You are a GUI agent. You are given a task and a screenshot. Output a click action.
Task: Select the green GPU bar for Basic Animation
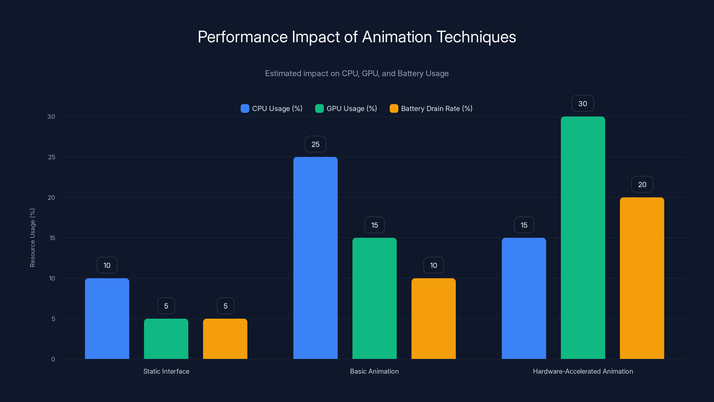click(x=374, y=298)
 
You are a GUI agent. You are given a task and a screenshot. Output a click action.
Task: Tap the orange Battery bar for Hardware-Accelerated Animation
click(x=642, y=278)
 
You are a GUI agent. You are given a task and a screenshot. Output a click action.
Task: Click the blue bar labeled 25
click(x=315, y=258)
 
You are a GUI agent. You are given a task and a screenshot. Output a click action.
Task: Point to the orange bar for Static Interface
click(x=225, y=339)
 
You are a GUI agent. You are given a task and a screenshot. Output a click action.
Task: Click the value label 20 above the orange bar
click(x=642, y=184)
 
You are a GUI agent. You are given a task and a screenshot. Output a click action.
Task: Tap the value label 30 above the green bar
click(x=583, y=103)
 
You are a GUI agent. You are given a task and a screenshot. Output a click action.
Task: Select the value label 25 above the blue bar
click(x=315, y=144)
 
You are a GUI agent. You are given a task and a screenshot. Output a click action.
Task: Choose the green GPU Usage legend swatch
click(x=319, y=109)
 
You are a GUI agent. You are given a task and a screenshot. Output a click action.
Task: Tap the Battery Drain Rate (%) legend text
click(x=437, y=109)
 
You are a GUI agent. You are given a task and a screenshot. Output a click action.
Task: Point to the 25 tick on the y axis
click(x=52, y=157)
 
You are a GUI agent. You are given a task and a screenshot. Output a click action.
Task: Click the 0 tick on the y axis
click(x=53, y=359)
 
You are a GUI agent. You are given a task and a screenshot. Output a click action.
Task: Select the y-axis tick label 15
click(x=52, y=238)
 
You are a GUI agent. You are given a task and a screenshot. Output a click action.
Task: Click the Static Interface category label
click(x=166, y=371)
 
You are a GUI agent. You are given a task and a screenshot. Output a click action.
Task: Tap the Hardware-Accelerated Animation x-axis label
click(x=583, y=371)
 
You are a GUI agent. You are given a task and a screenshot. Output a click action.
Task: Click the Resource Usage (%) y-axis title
click(x=32, y=238)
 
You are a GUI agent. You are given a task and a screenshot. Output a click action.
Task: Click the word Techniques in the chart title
click(x=476, y=37)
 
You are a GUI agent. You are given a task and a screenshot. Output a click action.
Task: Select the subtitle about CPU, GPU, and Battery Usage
click(x=357, y=73)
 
